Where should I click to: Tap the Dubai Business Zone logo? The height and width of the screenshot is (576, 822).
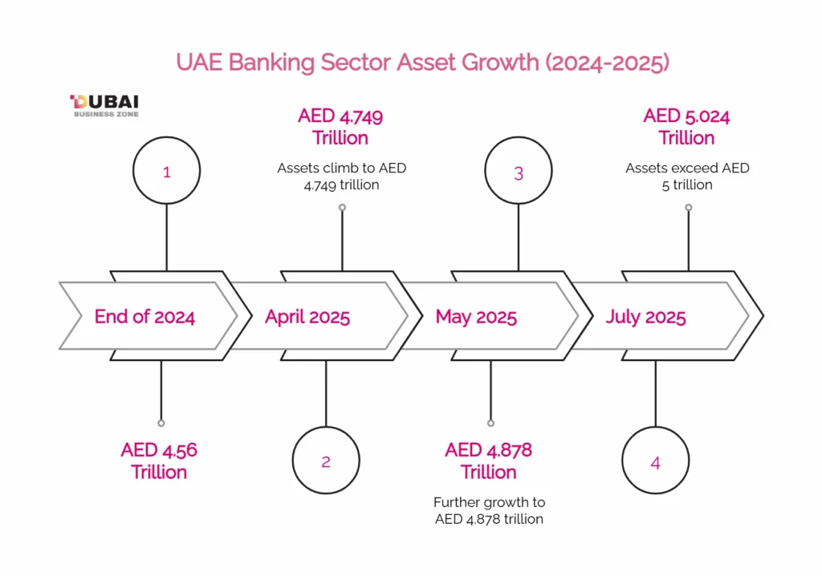(x=104, y=105)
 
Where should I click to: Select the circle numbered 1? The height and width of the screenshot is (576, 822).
(x=166, y=171)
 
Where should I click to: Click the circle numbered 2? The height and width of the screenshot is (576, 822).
(x=325, y=460)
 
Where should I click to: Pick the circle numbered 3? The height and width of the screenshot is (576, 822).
(x=519, y=172)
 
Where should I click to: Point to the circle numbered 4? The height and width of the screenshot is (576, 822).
(x=655, y=462)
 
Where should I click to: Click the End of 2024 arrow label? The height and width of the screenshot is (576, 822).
(x=144, y=316)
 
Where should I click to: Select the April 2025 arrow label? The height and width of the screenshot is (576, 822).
(x=307, y=316)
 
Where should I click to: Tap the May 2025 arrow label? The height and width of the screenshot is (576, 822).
(x=476, y=316)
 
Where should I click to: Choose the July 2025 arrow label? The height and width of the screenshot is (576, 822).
(x=645, y=316)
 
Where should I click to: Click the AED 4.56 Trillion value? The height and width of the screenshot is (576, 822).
(x=159, y=460)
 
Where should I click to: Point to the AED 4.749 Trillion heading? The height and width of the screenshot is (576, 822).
(x=340, y=127)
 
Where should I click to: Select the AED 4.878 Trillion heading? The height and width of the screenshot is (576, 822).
(x=488, y=460)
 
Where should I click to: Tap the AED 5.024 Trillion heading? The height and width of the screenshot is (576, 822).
(x=686, y=127)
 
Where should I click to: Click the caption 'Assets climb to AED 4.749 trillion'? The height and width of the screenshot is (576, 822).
(x=341, y=176)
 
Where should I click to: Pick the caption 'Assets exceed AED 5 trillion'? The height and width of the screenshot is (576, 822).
(x=687, y=176)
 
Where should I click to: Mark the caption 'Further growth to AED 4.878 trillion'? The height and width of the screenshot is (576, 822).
(x=489, y=510)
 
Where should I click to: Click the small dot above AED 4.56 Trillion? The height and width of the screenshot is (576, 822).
(x=161, y=423)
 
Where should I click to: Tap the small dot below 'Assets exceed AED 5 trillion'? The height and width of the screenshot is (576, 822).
(x=688, y=207)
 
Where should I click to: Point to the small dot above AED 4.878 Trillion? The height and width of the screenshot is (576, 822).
(x=490, y=423)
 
